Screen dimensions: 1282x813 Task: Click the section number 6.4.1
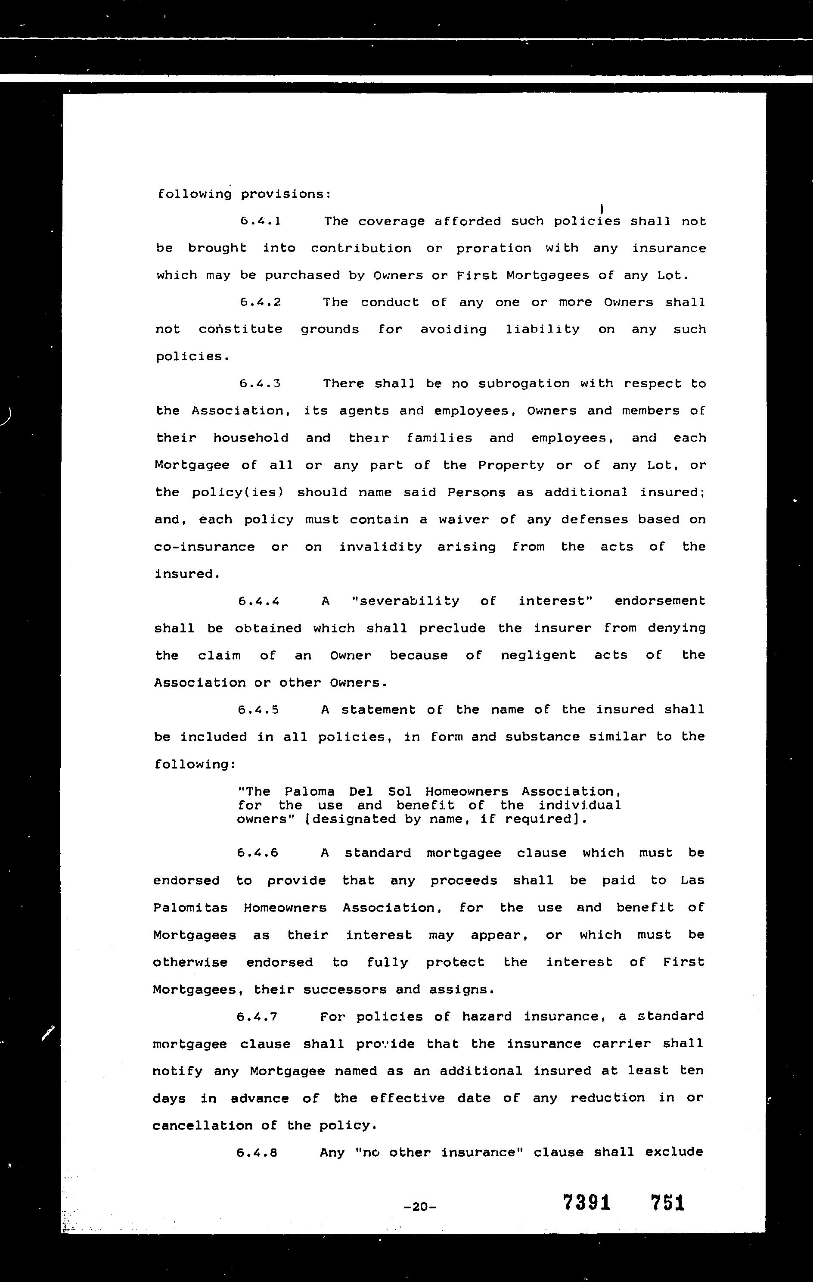[260, 221]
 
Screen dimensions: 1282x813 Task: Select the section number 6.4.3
[260, 383]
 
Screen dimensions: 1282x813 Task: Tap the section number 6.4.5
[259, 709]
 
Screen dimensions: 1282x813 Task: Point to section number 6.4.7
[258, 1017]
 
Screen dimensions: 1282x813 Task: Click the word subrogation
[524, 383]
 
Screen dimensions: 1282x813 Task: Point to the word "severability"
[406, 601]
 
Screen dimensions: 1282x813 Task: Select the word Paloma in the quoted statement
[310, 792]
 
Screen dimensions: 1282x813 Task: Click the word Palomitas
[190, 908]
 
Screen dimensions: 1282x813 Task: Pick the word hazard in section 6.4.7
[486, 1017]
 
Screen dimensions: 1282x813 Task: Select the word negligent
[538, 655]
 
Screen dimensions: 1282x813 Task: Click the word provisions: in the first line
[286, 194]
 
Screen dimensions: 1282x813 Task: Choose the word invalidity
[380, 547]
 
